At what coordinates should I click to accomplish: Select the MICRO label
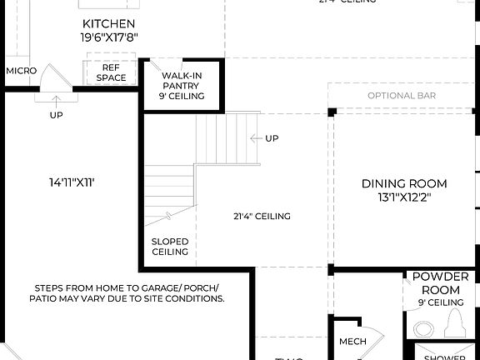pyautogui.click(x=21, y=71)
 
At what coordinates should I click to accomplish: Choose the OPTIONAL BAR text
pyautogui.click(x=402, y=96)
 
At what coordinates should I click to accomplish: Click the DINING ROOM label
pyautogui.click(x=403, y=183)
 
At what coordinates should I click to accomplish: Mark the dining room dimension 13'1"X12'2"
pyautogui.click(x=403, y=197)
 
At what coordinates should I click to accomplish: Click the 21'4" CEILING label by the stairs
pyautogui.click(x=262, y=217)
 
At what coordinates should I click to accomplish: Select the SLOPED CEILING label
pyautogui.click(x=169, y=246)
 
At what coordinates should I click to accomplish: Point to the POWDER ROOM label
pyautogui.click(x=440, y=282)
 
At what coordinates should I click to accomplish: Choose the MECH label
pyautogui.click(x=352, y=342)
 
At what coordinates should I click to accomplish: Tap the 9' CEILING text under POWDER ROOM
pyautogui.click(x=440, y=302)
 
